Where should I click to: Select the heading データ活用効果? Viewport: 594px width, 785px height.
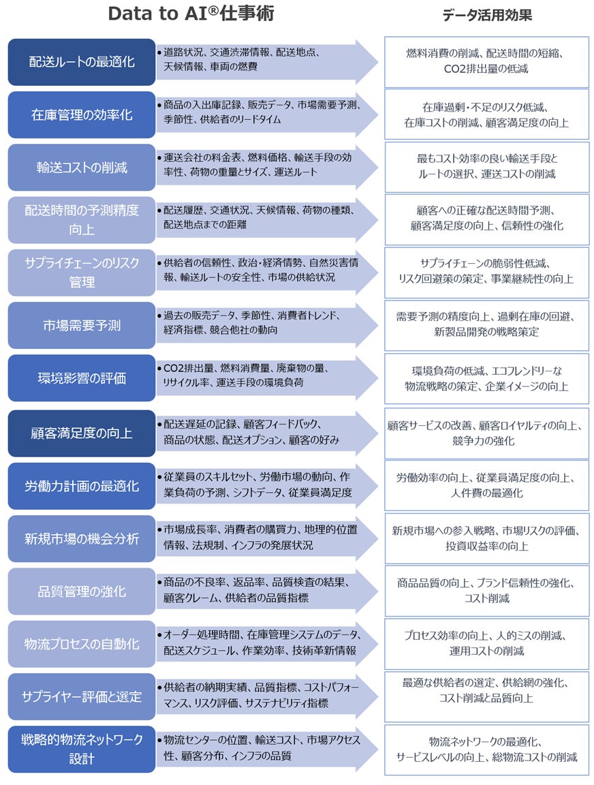(487, 15)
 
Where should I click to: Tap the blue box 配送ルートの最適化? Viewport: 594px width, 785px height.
(82, 62)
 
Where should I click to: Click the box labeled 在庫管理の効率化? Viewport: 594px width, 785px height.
(82, 115)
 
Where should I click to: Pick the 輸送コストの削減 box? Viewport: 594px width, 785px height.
(82, 168)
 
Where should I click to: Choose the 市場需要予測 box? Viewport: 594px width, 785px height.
(82, 326)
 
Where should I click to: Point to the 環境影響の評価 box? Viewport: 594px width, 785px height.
(82, 378)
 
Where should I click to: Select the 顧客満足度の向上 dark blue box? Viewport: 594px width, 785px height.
(82, 433)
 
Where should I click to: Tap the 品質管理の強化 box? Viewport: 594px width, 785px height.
(82, 591)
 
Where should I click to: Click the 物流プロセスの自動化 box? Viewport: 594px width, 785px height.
(82, 644)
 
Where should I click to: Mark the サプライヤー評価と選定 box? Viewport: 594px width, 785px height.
(82, 696)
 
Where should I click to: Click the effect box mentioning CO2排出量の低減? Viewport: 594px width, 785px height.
(486, 62)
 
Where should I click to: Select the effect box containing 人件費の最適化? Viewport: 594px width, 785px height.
(486, 485)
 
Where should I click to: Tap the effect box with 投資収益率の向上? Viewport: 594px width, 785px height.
(486, 538)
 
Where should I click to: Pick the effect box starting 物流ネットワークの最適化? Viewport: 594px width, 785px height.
(486, 750)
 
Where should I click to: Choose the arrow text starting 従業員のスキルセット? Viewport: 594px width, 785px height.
(259, 484)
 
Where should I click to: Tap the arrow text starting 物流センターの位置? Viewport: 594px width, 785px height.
(259, 748)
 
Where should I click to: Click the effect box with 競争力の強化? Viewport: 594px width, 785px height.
(486, 433)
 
